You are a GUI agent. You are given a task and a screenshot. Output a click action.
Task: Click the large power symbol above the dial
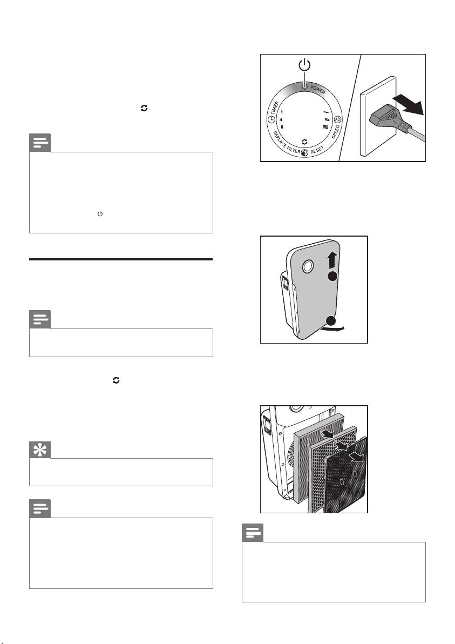(305, 66)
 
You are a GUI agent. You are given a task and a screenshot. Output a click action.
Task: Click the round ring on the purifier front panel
(307, 266)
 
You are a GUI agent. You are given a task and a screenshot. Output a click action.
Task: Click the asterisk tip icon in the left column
(40, 451)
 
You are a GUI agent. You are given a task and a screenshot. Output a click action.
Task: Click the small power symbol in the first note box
(99, 214)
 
